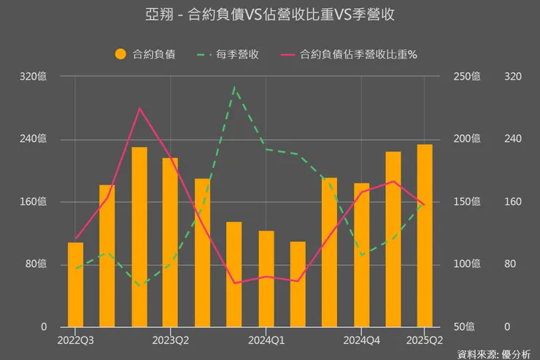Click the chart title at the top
point(270,15)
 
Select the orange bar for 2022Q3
point(75,284)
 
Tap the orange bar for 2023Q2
point(170,242)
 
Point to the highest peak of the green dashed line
point(234,87)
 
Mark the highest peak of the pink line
point(139,109)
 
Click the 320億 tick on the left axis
point(33,77)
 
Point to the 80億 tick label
point(36,264)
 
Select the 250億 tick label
point(466,77)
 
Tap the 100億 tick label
point(466,264)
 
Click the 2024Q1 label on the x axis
point(266,340)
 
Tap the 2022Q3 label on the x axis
point(75,340)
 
